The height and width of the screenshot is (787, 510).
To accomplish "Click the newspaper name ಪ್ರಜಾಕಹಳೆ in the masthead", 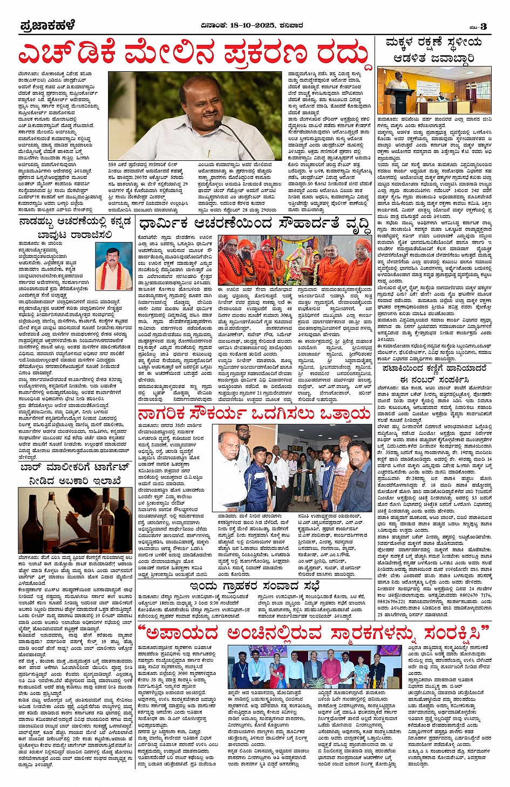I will click(x=47, y=26).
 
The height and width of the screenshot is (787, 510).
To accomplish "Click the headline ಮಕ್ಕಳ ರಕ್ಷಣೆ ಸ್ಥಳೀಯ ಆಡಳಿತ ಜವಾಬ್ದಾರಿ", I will click(x=433, y=50).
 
